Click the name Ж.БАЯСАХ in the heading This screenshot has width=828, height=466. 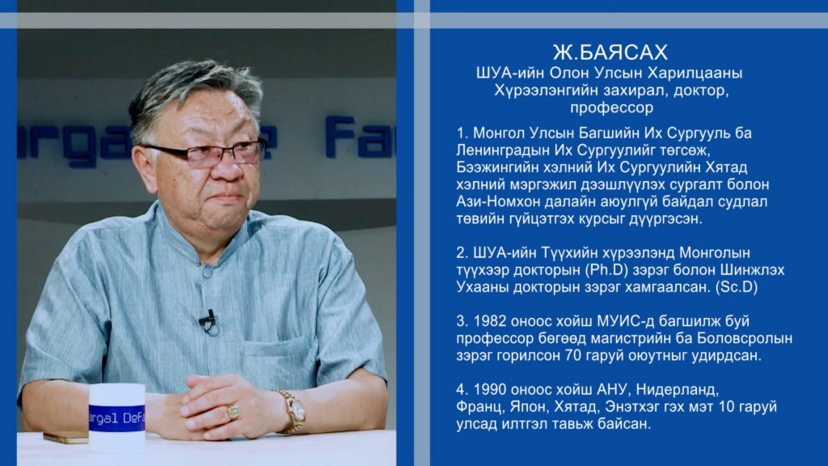click(610, 53)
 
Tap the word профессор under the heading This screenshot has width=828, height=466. click(611, 108)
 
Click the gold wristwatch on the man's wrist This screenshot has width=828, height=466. click(293, 410)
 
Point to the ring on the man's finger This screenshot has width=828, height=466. click(233, 411)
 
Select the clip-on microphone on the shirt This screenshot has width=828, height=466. click(208, 320)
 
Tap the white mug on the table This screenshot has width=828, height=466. click(116, 418)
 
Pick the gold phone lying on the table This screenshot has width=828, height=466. click(65, 438)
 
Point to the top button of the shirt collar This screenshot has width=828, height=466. click(207, 272)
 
